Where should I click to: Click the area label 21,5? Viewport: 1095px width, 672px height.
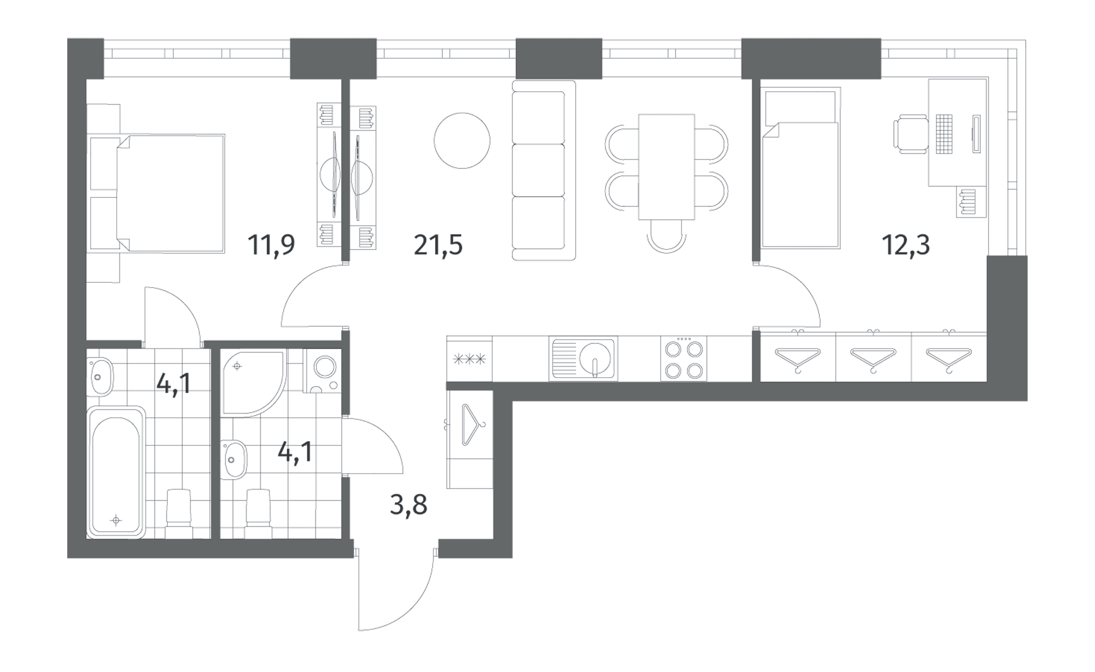pos(438,245)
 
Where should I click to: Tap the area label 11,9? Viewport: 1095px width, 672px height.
pos(271,245)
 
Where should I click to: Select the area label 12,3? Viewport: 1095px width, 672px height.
pos(906,245)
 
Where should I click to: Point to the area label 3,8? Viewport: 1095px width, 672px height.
pos(409,504)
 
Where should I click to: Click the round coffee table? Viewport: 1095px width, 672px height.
pos(462,141)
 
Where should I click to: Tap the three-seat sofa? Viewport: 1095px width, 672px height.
pos(544,170)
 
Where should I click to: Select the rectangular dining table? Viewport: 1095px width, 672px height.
pos(666,167)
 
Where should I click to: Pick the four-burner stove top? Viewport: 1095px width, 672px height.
pos(684,358)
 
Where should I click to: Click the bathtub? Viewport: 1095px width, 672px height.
pos(116,472)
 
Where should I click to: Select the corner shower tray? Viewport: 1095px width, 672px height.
pos(253,382)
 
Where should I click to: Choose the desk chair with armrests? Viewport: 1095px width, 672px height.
pos(911,134)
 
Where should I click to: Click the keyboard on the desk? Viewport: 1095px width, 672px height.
pos(944,134)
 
